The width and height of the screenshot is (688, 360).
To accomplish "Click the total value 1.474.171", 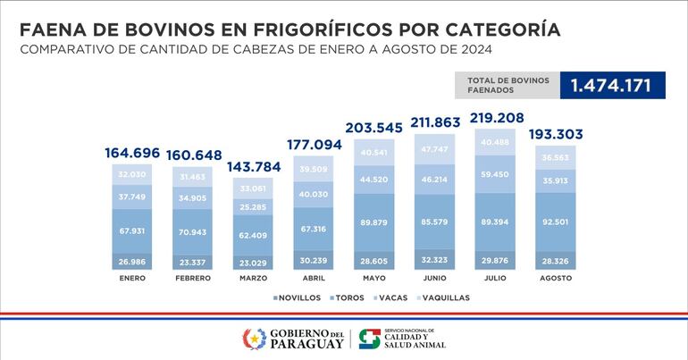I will (x=612, y=86).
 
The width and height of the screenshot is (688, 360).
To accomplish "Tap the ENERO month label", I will (x=131, y=278).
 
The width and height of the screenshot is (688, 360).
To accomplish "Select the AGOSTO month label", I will (x=555, y=278).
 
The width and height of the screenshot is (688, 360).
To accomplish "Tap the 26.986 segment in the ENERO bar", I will (x=131, y=261).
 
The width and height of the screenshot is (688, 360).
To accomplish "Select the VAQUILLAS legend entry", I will (x=441, y=297).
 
